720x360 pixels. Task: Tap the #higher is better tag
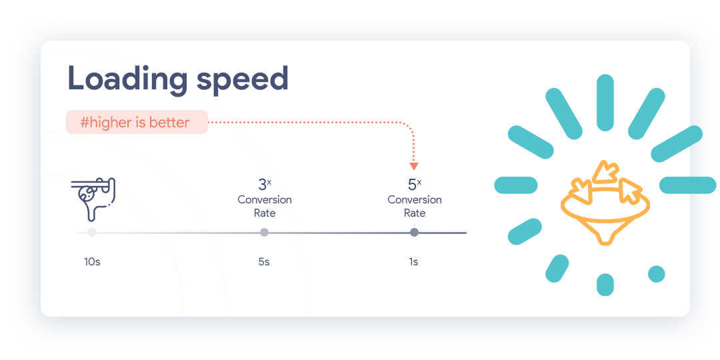[137, 122]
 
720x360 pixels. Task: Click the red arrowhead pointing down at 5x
[414, 166]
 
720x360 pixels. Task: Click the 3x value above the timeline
[265, 184]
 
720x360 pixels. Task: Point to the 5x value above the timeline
[415, 184]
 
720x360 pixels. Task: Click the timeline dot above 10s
[92, 233]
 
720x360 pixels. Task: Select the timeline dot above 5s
[265, 233]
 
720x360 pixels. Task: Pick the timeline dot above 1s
[414, 233]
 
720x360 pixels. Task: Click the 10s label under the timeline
[92, 262]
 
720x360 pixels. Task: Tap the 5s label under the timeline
[264, 262]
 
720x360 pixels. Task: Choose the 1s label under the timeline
[414, 262]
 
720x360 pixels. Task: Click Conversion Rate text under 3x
[265, 207]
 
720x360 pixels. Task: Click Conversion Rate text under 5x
[415, 207]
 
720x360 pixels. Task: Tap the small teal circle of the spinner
[656, 274]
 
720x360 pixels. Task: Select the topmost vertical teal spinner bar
[605, 103]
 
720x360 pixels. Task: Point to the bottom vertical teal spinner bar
[605, 285]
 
